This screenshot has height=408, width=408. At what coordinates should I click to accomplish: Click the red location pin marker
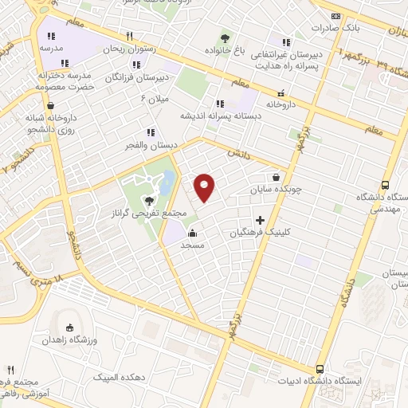pos(205,186)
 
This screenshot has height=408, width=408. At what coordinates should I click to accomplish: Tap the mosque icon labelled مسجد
pos(193,233)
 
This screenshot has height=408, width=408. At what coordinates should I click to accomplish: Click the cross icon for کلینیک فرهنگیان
pos(261,219)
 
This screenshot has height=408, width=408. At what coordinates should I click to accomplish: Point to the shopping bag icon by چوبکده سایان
pos(276,177)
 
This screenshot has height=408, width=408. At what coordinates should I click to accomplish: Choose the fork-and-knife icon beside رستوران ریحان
pos(129,36)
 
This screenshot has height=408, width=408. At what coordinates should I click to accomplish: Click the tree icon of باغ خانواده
pos(226,37)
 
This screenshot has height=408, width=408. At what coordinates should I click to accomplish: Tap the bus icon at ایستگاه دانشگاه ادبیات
pos(320,369)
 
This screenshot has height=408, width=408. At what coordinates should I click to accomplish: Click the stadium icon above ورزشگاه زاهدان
pos(69,328)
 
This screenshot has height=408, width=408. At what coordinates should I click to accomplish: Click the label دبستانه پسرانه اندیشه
pos(219,116)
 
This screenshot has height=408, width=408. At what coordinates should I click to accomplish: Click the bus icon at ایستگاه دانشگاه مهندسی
pos(386,184)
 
